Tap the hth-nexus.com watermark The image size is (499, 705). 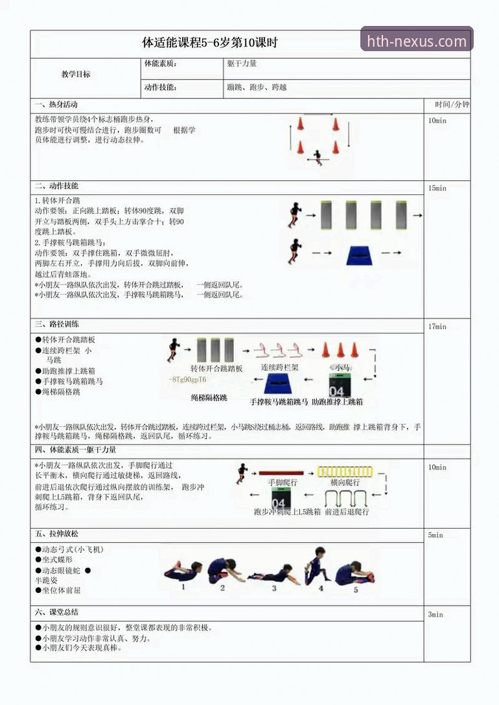point(417,41)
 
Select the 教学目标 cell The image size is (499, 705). point(76,75)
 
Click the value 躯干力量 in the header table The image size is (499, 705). point(242,64)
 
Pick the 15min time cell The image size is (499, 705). point(437,189)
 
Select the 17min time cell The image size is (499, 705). point(437,327)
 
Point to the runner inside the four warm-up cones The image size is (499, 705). point(317,157)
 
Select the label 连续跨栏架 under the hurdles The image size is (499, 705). point(279,367)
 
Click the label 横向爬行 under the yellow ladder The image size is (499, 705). point(345,483)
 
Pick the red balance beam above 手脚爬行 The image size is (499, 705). point(281,472)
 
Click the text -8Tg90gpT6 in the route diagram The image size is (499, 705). point(187,380)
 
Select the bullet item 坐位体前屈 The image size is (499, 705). point(62,590)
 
